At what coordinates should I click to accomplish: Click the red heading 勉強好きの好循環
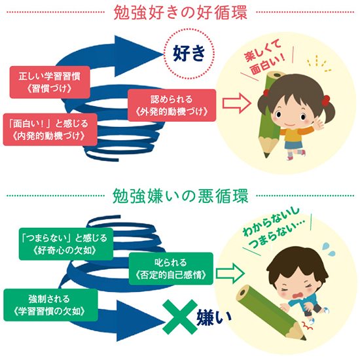coord(181,12)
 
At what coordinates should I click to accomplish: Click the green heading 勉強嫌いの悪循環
coord(181,196)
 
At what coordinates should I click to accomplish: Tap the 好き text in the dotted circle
coord(189,53)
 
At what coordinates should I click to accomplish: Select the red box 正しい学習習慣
coord(50,82)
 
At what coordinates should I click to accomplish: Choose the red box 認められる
coord(171,105)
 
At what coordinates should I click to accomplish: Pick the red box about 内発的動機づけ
coord(50,130)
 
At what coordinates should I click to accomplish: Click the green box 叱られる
coord(171,268)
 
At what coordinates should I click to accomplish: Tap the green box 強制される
coord(50,305)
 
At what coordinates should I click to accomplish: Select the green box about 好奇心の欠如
coord(66,244)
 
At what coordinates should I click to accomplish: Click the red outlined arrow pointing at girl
coord(236,103)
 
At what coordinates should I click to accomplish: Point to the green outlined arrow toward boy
coord(230,273)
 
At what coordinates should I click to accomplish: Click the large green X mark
coord(180,317)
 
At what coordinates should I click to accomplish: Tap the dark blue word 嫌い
coord(214,317)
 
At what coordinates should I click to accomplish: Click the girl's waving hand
coord(318,123)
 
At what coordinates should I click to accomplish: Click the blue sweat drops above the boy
coord(329,249)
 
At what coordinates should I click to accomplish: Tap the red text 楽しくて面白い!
coord(264,56)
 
